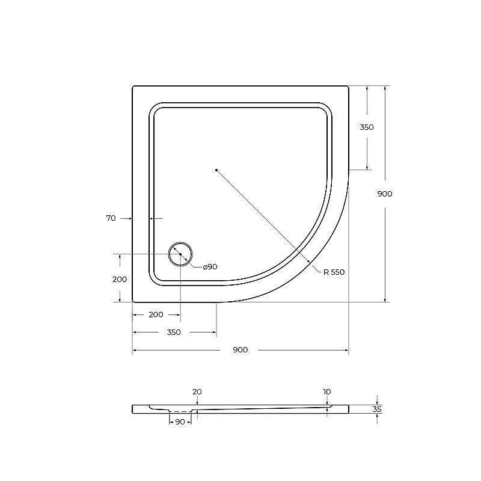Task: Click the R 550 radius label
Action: pyautogui.click(x=334, y=272)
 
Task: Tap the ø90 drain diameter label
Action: pyautogui.click(x=210, y=267)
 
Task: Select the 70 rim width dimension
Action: pyautogui.click(x=111, y=218)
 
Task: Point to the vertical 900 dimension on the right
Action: pyautogui.click(x=384, y=194)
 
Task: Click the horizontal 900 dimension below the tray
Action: pyautogui.click(x=240, y=350)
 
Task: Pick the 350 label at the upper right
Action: pyautogui.click(x=366, y=127)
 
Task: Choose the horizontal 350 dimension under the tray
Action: pyautogui.click(x=174, y=332)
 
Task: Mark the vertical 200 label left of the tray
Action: pyautogui.click(x=120, y=279)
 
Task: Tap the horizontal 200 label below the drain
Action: pyautogui.click(x=156, y=314)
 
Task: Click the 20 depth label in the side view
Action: pyautogui.click(x=197, y=392)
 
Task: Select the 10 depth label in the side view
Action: pyautogui.click(x=326, y=392)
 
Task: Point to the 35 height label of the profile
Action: pyautogui.click(x=377, y=409)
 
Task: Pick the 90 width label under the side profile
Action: pyautogui.click(x=180, y=422)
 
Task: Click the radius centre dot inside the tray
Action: pyautogui.click(x=216, y=170)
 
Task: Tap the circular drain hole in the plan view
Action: pyautogui.click(x=180, y=254)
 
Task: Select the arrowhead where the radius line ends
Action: pyautogui.click(x=310, y=263)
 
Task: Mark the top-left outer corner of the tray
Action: pyautogui.click(x=133, y=87)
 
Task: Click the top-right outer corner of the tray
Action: pyautogui.click(x=348, y=87)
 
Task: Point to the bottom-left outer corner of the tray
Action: pyautogui.click(x=133, y=301)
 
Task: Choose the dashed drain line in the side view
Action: pyautogui.click(x=180, y=413)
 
